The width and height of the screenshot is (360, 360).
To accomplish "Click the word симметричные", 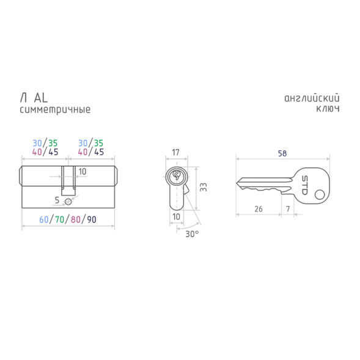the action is [55, 110].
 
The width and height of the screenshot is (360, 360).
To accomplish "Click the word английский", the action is [312, 98].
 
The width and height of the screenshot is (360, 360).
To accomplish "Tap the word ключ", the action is [328, 109].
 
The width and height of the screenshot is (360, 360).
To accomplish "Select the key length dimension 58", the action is [282, 153].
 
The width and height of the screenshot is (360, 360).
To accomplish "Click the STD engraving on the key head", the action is [304, 185].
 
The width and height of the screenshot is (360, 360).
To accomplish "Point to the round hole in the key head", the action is [320, 195].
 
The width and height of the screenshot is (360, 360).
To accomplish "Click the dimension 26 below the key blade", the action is [259, 209].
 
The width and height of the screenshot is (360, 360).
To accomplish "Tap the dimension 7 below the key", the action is [288, 209].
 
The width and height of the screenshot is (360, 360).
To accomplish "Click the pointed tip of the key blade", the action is [237, 183].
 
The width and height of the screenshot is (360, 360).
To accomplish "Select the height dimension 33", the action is [203, 187].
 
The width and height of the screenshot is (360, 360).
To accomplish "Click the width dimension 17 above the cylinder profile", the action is [175, 152].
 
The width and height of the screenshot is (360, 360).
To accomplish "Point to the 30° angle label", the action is [192, 234].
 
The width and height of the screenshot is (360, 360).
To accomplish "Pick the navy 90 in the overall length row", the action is [92, 219].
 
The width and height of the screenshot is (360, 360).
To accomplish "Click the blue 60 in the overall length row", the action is [44, 219].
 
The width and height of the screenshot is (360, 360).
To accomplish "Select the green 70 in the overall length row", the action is [60, 219].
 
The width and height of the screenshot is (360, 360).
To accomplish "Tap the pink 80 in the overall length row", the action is [76, 219].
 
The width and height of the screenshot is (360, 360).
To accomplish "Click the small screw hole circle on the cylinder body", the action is [68, 202].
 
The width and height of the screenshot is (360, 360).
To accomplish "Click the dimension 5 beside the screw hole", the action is [57, 200].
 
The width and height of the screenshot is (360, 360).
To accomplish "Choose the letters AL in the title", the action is [41, 98].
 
